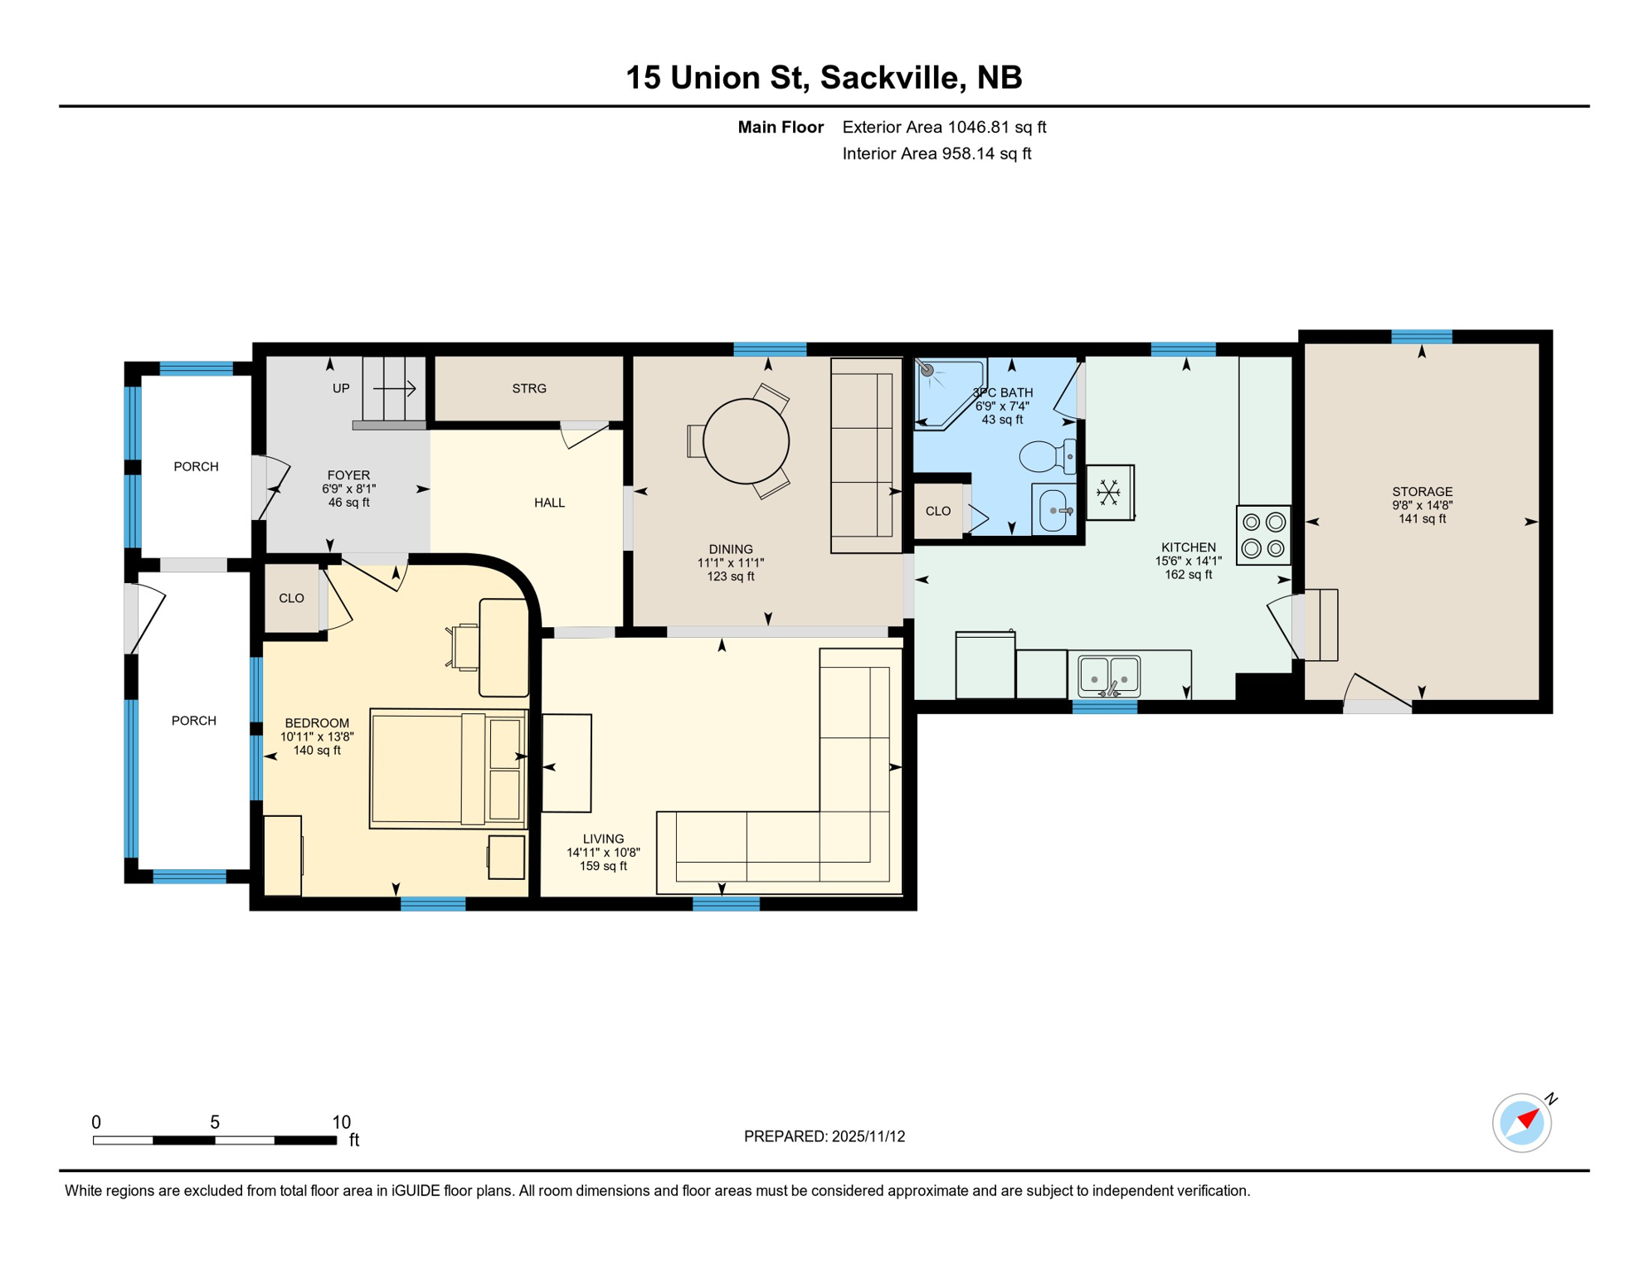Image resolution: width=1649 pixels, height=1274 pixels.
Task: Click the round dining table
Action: point(746,441)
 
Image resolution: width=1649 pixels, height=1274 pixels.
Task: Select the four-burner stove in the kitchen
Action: point(1263,535)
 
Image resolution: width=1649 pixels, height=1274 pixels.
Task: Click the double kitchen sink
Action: point(1109,675)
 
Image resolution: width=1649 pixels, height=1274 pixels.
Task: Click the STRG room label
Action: point(529,388)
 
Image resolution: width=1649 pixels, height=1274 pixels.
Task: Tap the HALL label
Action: point(549,503)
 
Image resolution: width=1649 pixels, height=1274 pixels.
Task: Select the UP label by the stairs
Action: point(341,388)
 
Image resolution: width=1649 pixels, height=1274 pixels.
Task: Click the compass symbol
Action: point(1521,1123)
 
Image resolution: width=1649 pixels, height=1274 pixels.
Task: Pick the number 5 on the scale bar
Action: point(214,1122)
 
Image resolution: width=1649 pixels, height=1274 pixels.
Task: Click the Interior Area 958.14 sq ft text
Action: point(936,153)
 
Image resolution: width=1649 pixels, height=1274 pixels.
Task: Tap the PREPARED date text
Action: point(824,1136)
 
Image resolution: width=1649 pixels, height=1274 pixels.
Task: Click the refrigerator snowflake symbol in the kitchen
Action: point(1108,493)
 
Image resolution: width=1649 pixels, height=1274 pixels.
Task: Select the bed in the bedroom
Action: point(448,768)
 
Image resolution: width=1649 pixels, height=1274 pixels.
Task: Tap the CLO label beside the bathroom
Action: point(937,511)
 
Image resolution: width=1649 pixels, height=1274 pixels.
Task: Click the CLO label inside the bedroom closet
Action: point(291,598)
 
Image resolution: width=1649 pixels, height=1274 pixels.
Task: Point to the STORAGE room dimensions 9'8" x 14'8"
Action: point(1422,505)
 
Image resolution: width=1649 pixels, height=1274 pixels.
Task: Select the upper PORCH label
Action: point(196,467)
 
